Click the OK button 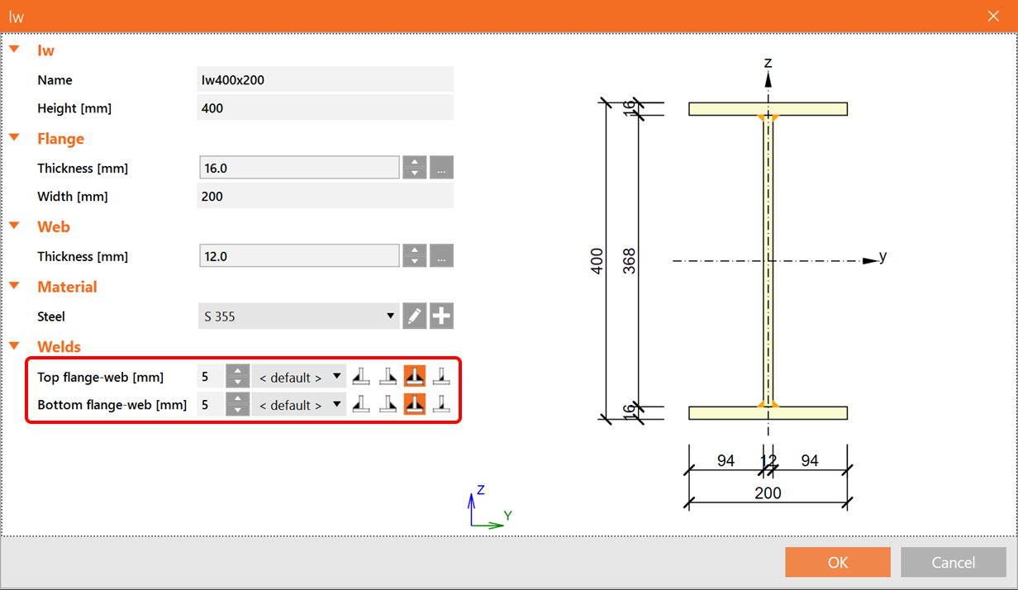pos(837,562)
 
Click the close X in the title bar pos(992,16)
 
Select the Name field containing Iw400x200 pos(325,80)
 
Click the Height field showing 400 pos(325,108)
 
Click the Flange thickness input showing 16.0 pos(299,168)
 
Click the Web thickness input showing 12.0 pos(299,256)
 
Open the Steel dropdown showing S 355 pos(298,316)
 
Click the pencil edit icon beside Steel pos(415,316)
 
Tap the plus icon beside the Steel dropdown pos(442,316)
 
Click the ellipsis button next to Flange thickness pos(442,168)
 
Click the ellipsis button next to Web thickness pos(442,256)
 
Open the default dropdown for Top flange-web pos(298,378)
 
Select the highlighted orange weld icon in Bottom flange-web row pos(415,405)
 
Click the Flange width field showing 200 pos(325,197)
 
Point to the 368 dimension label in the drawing pos(630,261)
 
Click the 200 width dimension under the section pos(768,493)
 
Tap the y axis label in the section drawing pos(882,257)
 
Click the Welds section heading pos(59,347)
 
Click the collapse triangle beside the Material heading pos(14,286)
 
